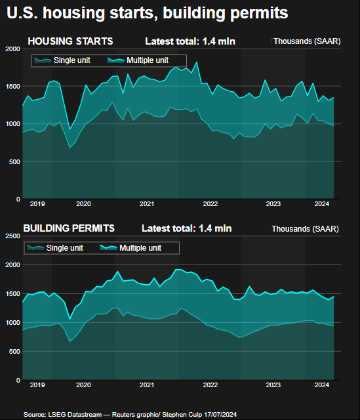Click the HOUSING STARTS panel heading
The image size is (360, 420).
(x=70, y=41)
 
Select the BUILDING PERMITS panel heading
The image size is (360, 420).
(x=69, y=228)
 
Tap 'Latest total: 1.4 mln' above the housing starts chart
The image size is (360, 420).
(x=190, y=42)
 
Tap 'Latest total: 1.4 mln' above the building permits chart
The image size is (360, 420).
(x=187, y=228)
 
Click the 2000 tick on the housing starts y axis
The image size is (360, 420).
(x=12, y=49)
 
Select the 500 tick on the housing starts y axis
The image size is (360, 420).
(x=14, y=161)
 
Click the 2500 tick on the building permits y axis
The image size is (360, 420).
(x=12, y=236)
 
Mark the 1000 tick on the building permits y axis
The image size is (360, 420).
(x=12, y=323)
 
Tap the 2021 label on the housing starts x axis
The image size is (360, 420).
(x=147, y=204)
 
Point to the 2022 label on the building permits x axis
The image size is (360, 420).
(x=210, y=385)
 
